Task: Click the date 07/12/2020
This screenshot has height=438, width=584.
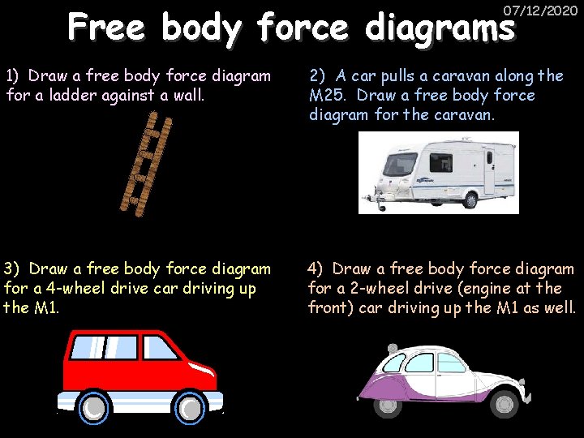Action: pyautogui.click(x=540, y=11)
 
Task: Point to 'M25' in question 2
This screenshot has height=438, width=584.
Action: pyautogui.click(x=326, y=95)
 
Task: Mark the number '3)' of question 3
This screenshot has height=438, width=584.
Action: pyautogui.click(x=12, y=268)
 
